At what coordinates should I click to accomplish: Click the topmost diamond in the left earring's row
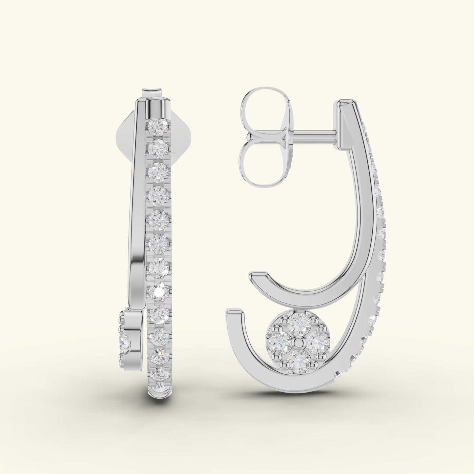pos(158,126)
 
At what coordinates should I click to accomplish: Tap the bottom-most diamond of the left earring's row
pos(159,385)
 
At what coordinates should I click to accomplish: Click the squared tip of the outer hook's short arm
pos(235,314)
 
